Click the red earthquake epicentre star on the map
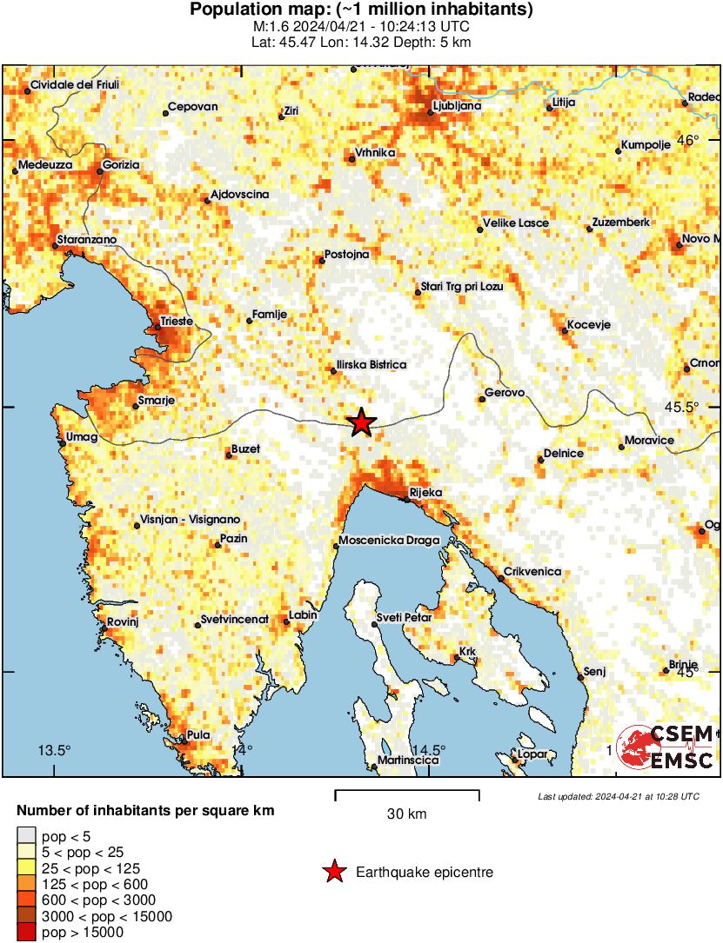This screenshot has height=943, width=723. (x=362, y=423)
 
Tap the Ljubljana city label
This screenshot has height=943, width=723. (x=457, y=106)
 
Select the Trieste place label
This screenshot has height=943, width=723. (x=177, y=322)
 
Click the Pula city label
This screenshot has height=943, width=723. (x=198, y=735)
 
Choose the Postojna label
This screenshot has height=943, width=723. (x=346, y=255)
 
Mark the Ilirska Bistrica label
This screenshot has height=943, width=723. (x=372, y=365)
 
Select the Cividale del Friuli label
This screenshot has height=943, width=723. (x=74, y=85)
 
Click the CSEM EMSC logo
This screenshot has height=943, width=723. (x=666, y=747)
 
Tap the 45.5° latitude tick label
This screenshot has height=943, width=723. (x=700, y=407)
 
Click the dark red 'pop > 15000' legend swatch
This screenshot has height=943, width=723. (x=26, y=933)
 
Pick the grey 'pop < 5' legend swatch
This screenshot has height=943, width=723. (x=26, y=837)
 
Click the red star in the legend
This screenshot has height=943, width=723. (x=334, y=872)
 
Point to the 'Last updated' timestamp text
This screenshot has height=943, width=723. (x=618, y=796)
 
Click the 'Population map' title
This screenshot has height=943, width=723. (x=361, y=10)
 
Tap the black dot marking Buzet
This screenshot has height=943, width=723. (x=228, y=455)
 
